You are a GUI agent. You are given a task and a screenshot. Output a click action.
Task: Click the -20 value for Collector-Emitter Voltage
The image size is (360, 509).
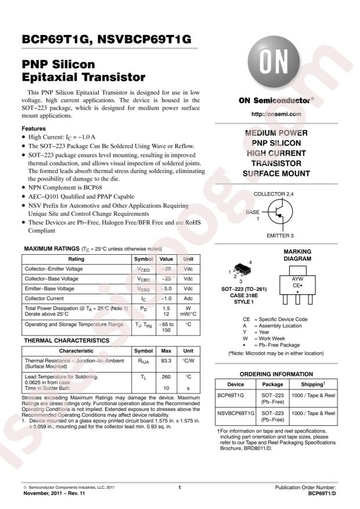pyautogui.click(x=166, y=269)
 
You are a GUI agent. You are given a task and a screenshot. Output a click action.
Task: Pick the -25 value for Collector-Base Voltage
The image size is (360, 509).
pyautogui.click(x=166, y=279)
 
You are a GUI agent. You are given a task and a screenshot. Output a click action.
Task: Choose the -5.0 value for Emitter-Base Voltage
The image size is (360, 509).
pyautogui.click(x=166, y=288)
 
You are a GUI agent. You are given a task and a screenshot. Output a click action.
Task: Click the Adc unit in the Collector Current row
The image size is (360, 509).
pyautogui.click(x=188, y=298)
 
